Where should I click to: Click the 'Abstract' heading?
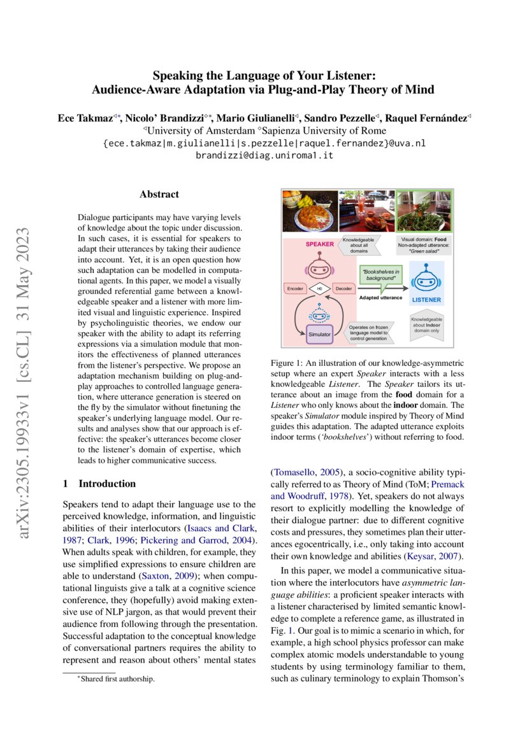coord(159,194)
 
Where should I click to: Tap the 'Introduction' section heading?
coord(99,483)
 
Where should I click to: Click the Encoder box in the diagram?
coord(294,289)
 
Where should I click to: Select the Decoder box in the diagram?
coord(343,289)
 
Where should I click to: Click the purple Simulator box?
coord(319,333)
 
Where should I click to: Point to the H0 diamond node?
coord(319,289)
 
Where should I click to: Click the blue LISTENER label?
coord(426,299)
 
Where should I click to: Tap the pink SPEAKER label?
coord(319,244)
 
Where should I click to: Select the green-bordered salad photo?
coord(424,210)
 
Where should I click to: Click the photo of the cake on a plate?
coord(310,211)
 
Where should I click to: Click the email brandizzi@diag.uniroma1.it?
coord(264,155)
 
